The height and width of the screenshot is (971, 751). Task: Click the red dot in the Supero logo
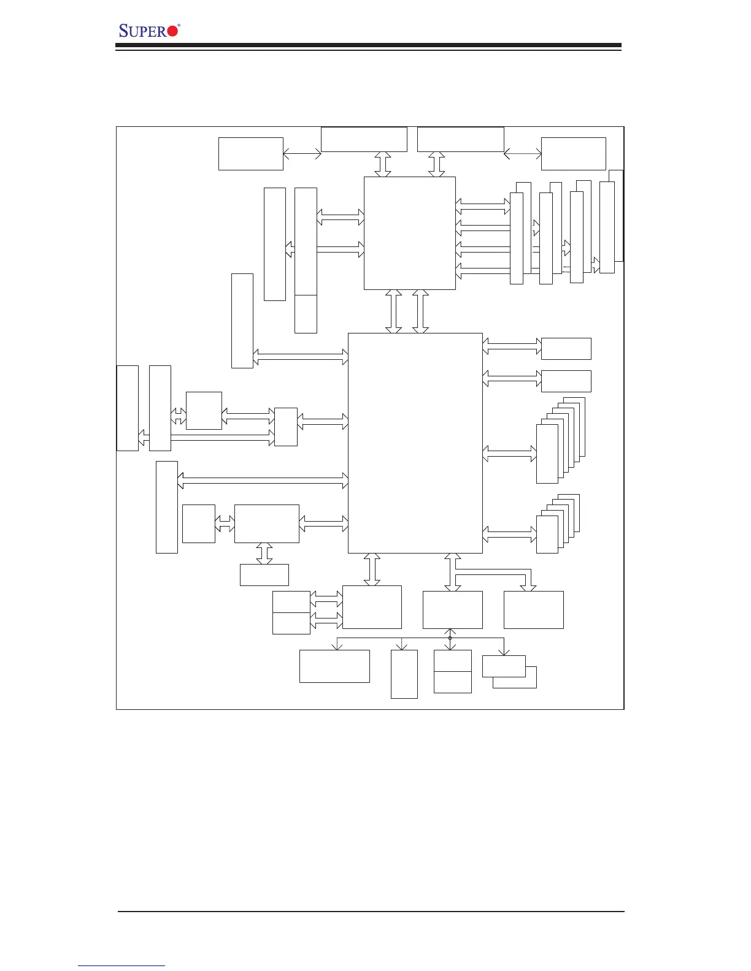coord(172,31)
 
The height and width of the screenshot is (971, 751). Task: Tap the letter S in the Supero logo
coord(124,31)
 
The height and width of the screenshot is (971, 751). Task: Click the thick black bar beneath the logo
coord(368,45)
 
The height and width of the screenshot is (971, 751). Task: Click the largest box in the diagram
coord(415,443)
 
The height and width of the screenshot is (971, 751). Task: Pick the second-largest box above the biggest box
coord(410,234)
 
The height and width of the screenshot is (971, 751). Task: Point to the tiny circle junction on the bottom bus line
coord(450,638)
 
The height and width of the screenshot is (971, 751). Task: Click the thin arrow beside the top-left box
coord(302,154)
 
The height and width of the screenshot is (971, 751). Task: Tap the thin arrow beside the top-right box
coord(522,154)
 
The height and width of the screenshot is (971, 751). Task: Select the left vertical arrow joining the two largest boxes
coord(394,311)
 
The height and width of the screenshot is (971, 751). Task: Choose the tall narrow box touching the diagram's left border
coord(128,408)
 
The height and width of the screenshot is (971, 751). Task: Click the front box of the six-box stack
coord(547,454)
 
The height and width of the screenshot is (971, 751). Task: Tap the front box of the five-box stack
coord(547,535)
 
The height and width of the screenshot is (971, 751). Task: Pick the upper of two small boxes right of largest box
coord(566,349)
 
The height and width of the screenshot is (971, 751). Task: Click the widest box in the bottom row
coord(334,666)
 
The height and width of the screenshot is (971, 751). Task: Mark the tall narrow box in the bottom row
coord(404,674)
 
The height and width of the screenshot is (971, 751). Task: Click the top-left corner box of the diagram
coord(251,154)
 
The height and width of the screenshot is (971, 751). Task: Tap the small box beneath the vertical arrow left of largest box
coord(264,575)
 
